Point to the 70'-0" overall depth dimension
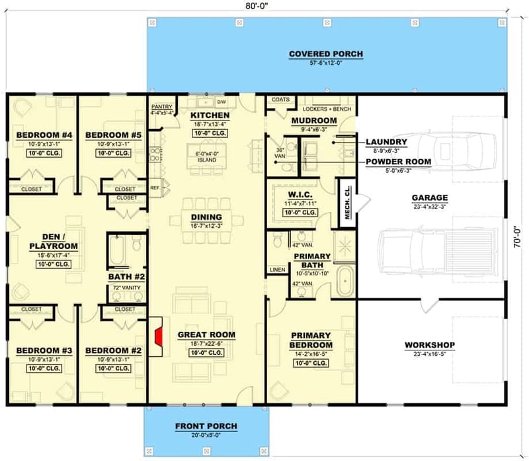(x=518, y=233)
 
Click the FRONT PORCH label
(x=206, y=425)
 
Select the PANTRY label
(x=162, y=106)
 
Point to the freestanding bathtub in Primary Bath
(x=345, y=282)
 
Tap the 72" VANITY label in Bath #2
(x=125, y=289)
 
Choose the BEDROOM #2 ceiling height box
(x=110, y=368)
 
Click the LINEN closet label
(x=276, y=270)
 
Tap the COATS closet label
(x=281, y=99)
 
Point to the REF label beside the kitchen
(x=154, y=187)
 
